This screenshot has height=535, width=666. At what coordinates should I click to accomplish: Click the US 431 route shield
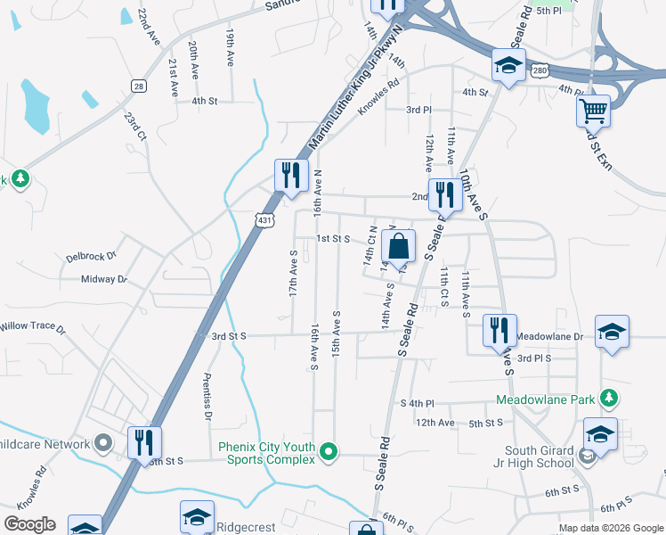[x=263, y=218]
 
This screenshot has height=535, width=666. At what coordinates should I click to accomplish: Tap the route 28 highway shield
[x=137, y=86]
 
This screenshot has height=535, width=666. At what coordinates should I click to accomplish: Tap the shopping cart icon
[x=593, y=111]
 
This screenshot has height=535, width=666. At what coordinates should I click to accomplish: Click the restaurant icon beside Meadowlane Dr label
[x=499, y=330]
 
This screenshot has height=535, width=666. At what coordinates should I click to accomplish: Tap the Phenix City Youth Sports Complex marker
[x=329, y=452]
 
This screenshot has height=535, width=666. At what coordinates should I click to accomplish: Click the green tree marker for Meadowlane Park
[x=608, y=398]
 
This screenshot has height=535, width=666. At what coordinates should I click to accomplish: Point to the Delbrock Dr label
[x=91, y=257]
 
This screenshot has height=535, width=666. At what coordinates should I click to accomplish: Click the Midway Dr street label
[x=104, y=279]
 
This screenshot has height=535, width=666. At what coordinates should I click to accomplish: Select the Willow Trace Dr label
[x=32, y=327]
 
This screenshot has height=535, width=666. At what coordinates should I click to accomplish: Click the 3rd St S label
[x=229, y=336]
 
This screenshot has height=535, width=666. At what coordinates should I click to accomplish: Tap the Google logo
[x=30, y=524]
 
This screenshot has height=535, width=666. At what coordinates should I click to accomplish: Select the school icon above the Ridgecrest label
[x=197, y=515]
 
